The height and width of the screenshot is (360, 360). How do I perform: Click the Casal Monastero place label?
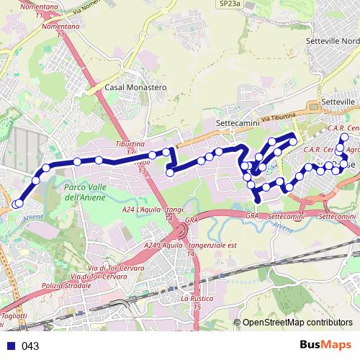pyautogui.click(x=135, y=87)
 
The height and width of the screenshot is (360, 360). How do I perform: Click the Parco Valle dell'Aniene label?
pyautogui.click(x=85, y=192)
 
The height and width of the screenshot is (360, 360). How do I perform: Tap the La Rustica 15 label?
pyautogui.click(x=195, y=302)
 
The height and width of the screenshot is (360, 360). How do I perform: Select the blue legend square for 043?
pyautogui.click(x=11, y=346)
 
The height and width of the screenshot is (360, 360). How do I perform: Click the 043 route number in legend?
pyautogui.click(x=30, y=346)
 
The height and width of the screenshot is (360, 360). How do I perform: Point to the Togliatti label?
pyautogui.click(x=14, y=315)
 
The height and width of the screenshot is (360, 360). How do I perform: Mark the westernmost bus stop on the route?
pyautogui.click(x=15, y=204)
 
